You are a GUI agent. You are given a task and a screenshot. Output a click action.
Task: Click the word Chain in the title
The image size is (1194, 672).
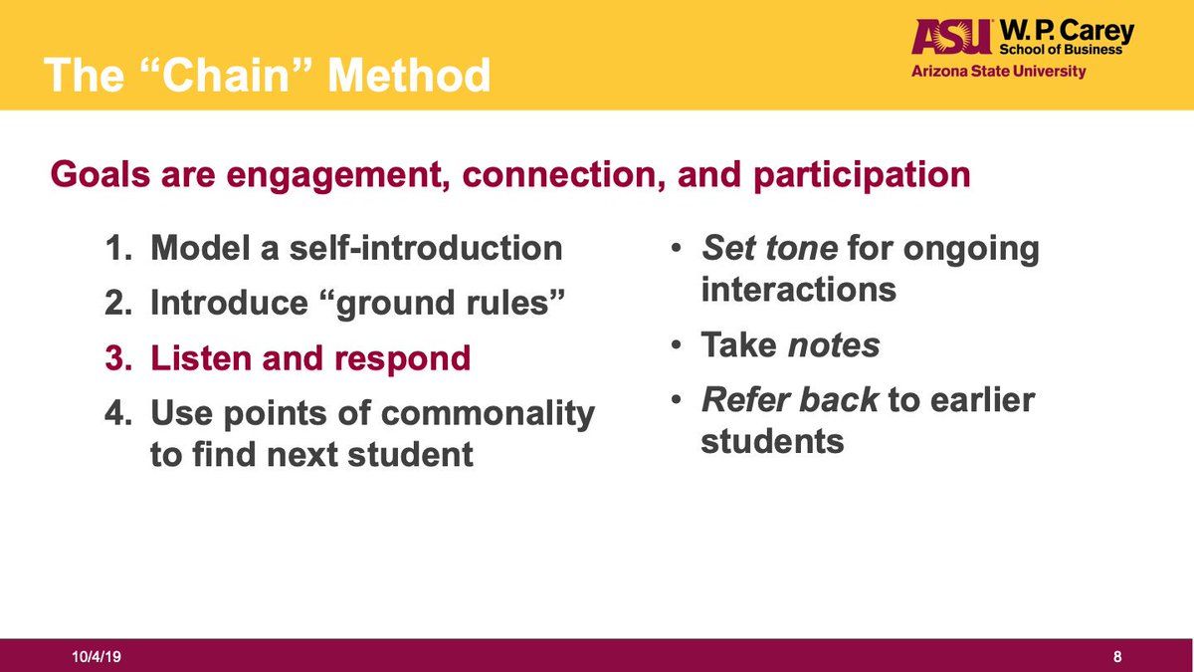(x=226, y=75)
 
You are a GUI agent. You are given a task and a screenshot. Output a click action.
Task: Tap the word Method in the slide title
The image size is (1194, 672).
(x=409, y=75)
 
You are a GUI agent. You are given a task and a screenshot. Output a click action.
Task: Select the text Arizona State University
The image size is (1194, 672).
(x=998, y=71)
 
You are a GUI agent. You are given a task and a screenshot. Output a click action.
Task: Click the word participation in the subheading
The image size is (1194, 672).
(x=862, y=175)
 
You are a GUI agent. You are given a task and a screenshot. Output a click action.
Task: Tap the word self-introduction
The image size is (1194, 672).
(x=426, y=248)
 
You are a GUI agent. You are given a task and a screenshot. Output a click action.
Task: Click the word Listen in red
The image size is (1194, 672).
(x=201, y=357)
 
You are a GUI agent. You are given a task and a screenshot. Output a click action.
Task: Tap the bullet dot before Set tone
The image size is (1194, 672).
(x=676, y=249)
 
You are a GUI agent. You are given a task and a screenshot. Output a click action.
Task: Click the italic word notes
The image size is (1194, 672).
(x=833, y=345)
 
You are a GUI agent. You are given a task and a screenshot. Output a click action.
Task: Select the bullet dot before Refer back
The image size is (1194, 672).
(x=676, y=400)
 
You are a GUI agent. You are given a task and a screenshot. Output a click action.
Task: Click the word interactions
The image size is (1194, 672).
(x=798, y=290)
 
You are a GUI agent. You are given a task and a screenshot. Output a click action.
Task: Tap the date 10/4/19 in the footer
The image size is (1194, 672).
(x=97, y=656)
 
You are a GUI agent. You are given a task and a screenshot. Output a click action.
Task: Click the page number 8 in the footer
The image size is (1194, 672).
(x=1117, y=656)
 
